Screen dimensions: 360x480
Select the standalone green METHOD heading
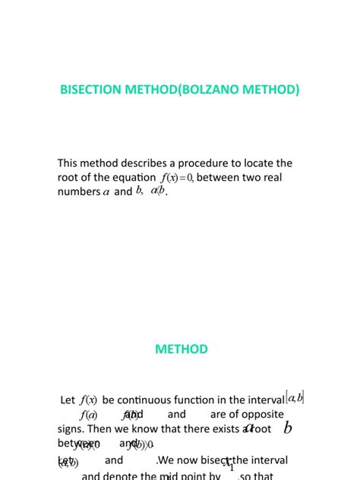pyautogui.click(x=181, y=349)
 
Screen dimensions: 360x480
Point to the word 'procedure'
pyautogui.click(x=220, y=163)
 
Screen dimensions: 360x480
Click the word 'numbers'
pyautogui.click(x=78, y=192)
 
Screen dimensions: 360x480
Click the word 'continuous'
pyautogui.click(x=149, y=399)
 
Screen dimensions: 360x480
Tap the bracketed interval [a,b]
pyautogui.click(x=295, y=398)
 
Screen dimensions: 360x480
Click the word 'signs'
pyautogui.click(x=71, y=429)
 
